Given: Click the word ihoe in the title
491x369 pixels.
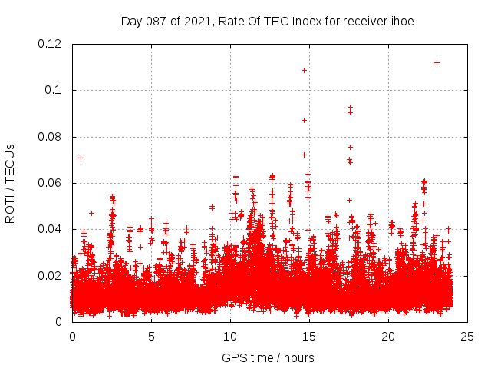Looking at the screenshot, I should [401, 22].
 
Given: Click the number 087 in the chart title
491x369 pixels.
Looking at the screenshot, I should [157, 22].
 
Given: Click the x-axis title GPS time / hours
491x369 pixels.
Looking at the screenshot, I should [268, 357].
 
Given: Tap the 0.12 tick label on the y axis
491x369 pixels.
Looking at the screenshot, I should [51, 44].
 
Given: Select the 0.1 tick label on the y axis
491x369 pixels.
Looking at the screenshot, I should [54, 90].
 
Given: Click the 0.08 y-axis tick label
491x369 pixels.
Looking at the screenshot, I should [51, 137].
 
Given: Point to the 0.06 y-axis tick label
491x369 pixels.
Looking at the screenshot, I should [51, 183].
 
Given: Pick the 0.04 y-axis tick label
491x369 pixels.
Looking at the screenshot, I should [51, 229].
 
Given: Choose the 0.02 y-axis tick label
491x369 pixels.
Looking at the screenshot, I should [51, 275].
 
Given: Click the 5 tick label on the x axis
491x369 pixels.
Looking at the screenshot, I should [151, 336].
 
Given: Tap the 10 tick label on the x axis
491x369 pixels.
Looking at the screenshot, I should [230, 336].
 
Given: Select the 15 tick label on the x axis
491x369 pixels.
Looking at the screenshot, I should [309, 336].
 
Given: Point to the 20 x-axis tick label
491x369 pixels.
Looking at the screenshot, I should [388, 336].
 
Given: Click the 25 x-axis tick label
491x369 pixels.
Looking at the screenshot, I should [467, 336].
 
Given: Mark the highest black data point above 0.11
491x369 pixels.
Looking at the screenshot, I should [437, 62].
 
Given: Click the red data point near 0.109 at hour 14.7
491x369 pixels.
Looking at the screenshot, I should [305, 70].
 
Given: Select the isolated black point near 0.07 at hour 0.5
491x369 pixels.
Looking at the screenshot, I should [81, 158].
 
